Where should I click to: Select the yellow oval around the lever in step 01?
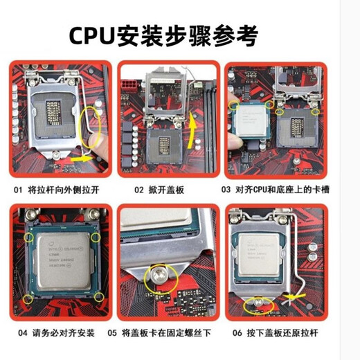[91, 128]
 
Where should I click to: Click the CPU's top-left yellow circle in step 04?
[29, 237]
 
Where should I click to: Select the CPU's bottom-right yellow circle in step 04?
[99, 298]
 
